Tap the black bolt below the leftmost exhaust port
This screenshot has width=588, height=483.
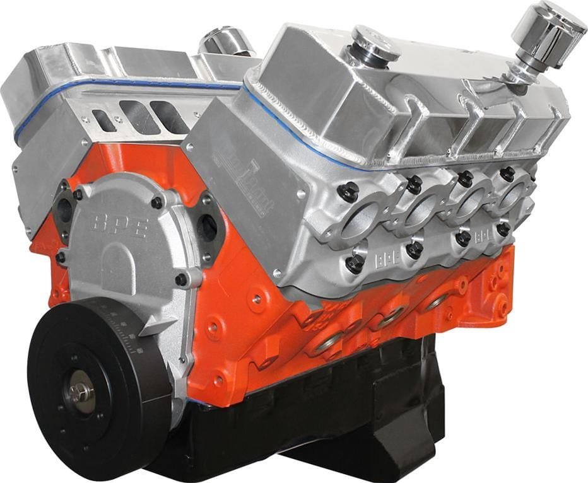coord(355,263)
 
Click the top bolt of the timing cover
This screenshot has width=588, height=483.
coord(156,203)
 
